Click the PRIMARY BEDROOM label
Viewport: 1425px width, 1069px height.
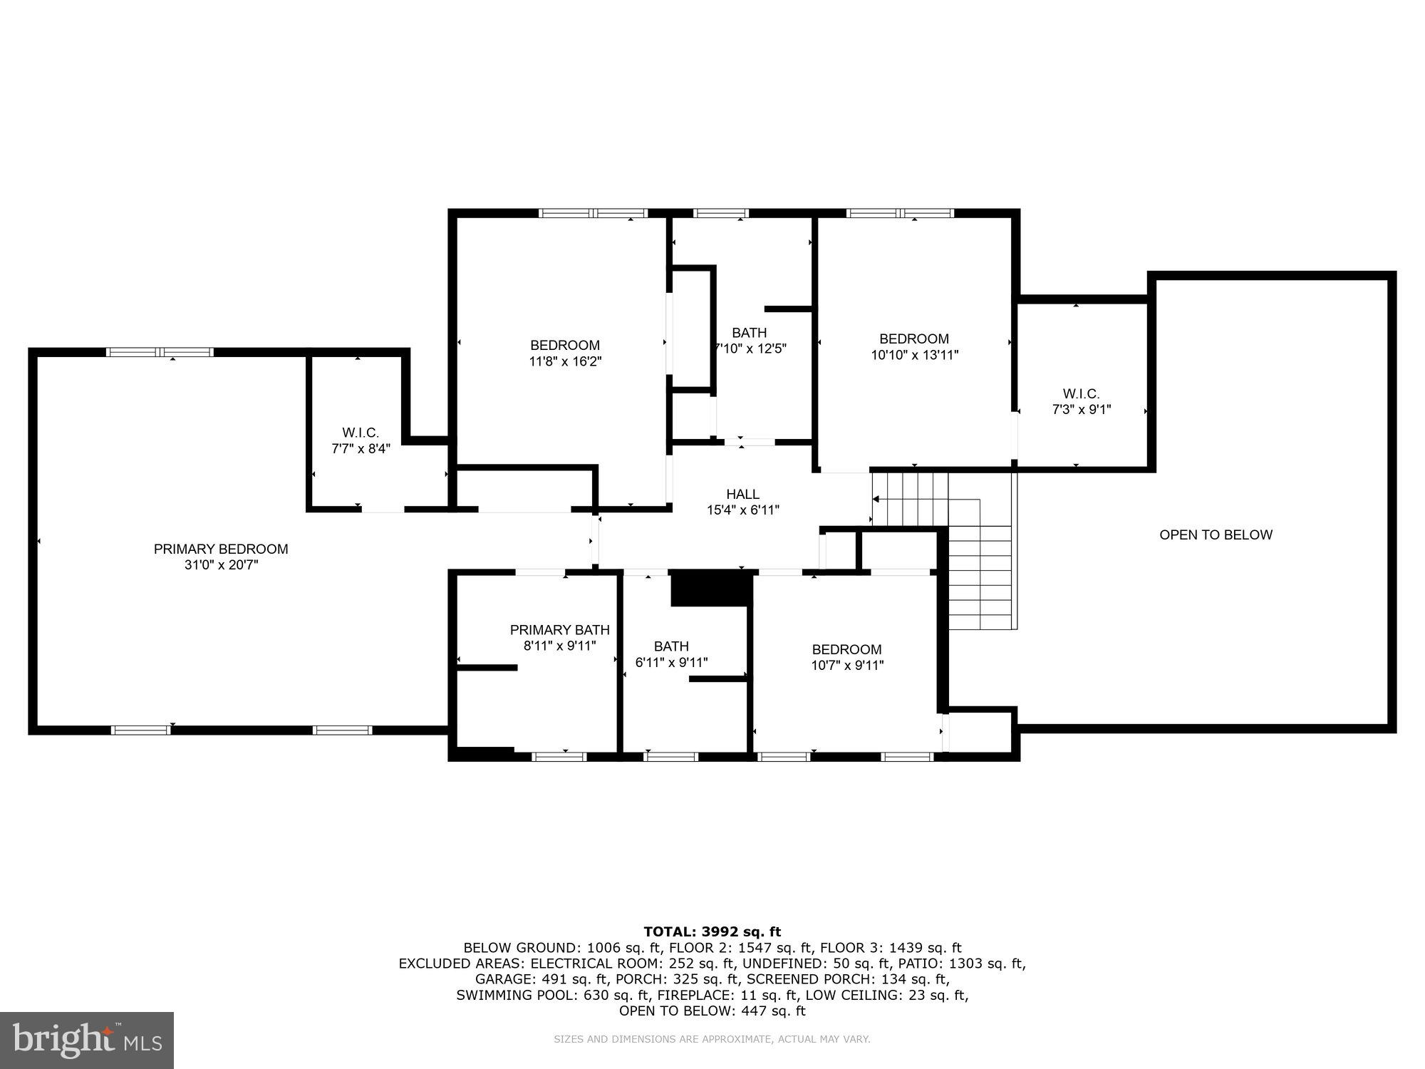[x=221, y=549]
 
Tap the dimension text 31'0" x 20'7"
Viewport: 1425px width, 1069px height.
[x=221, y=565]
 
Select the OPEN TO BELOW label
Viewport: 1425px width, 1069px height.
[x=1216, y=534]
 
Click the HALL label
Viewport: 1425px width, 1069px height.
[x=742, y=494]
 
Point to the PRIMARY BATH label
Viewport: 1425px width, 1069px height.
[x=559, y=630]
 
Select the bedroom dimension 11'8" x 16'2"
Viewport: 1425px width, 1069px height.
[x=565, y=361]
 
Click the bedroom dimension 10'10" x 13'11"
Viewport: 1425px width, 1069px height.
[x=914, y=355]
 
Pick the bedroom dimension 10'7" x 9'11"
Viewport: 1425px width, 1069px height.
[x=847, y=666]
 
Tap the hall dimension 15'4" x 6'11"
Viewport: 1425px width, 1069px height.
[x=742, y=510]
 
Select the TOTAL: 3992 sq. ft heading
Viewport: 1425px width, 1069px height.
[x=712, y=931]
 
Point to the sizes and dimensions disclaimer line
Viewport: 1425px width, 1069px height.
[x=712, y=1039]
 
